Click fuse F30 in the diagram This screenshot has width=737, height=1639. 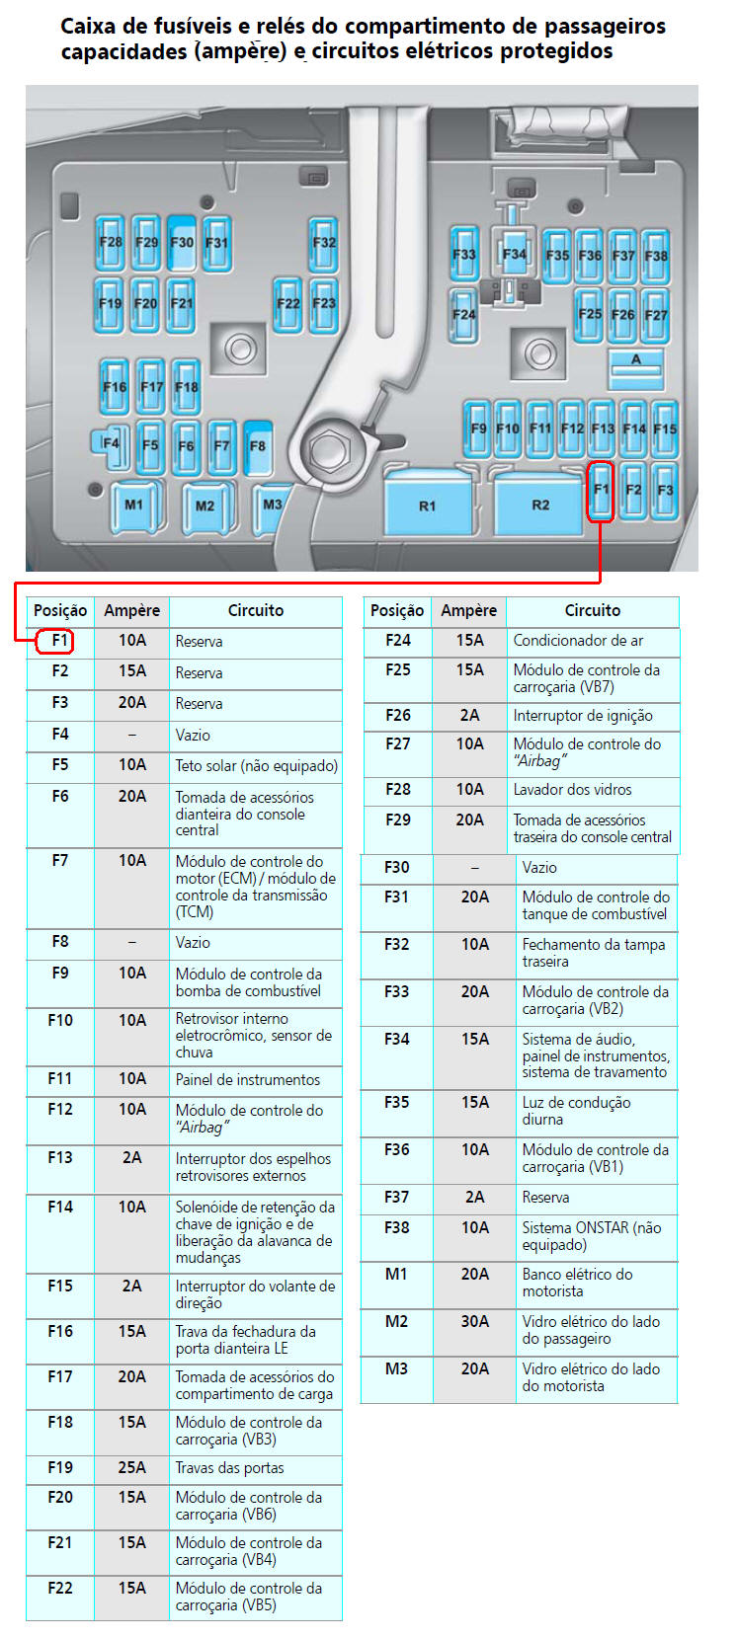pos(182,243)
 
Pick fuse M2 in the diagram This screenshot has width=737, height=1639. pos(205,506)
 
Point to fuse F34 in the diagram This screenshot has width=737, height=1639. pos(514,255)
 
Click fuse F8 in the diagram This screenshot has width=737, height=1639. pos(258,446)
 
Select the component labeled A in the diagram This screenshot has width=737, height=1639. pos(635,366)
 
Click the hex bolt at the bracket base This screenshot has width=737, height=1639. pos(326,452)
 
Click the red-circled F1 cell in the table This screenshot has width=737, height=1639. pos(59,641)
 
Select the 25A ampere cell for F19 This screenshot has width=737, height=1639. pos(131,1467)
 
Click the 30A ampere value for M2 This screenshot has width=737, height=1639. pos(474,1321)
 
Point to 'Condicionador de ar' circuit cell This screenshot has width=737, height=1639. pos(578,640)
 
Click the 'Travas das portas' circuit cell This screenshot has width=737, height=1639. pos(229,1467)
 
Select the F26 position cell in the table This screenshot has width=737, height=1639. pos(397,715)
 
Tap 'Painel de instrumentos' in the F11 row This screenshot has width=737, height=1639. pos(247,1079)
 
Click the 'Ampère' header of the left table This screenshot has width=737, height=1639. pos(131,610)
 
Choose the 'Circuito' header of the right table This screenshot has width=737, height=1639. pos(592,610)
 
